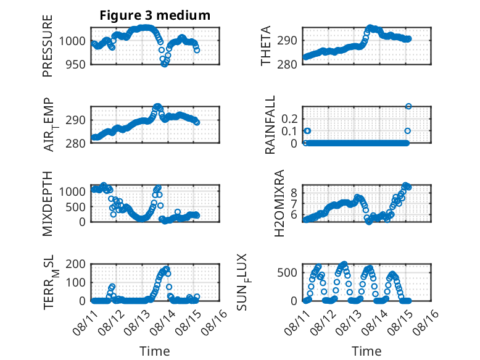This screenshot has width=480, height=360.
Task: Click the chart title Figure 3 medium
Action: [155, 15]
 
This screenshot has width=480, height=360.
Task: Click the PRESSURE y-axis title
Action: [48, 46]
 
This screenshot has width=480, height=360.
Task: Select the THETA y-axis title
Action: [266, 46]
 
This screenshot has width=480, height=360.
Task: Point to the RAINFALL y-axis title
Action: [270, 125]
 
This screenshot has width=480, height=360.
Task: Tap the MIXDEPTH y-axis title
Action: [48, 204]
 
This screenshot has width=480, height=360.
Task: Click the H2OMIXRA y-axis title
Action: [279, 203]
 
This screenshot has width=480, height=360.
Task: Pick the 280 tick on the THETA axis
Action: [288, 65]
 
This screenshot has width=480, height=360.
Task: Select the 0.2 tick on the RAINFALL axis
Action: [289, 119]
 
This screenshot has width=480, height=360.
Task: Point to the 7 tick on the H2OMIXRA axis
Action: [294, 203]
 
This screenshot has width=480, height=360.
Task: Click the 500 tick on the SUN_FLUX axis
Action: [288, 273]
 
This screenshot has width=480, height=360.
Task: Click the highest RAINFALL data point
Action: [408, 106]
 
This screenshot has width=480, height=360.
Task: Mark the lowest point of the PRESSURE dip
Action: [164, 64]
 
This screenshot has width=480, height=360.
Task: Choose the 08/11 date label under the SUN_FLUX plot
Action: [297, 322]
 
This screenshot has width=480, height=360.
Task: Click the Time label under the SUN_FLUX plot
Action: [366, 351]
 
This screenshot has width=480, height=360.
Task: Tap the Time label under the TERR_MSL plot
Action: [155, 351]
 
